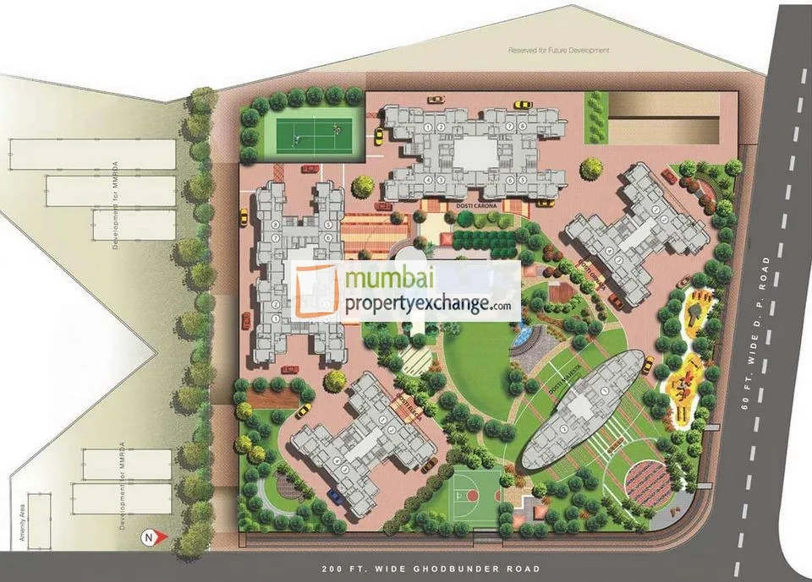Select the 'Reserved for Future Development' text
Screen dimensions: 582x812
(x=558, y=51)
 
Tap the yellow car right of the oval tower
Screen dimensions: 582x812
(x=648, y=365)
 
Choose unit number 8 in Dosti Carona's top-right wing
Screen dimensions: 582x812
(x=522, y=127)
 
